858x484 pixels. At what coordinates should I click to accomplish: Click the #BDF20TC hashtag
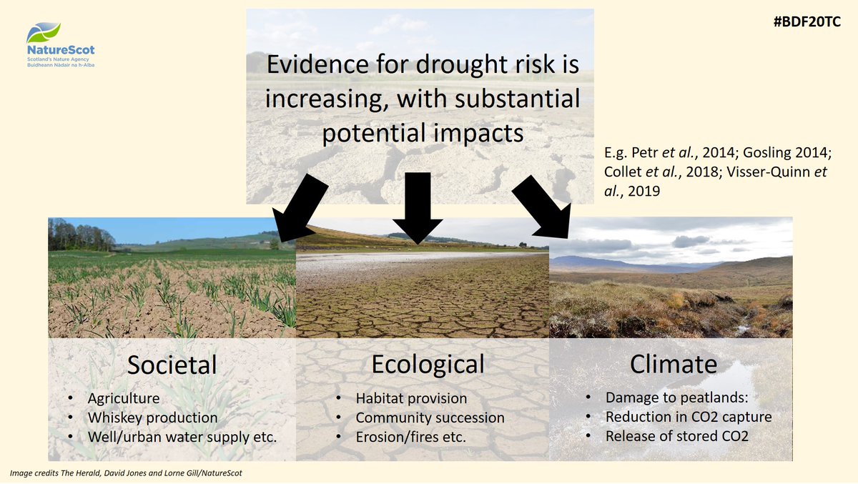pos(807,21)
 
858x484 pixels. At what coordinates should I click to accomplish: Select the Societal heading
pos(172,365)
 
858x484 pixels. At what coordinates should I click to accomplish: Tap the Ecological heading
pos(428,363)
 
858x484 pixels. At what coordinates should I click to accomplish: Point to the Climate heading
pos(673,364)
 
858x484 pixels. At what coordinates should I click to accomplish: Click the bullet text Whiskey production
pos(152,418)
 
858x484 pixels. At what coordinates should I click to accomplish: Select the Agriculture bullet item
pos(124,399)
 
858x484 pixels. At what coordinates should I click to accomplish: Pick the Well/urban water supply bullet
pos(182,436)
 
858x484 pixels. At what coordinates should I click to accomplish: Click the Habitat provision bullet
pos(411,399)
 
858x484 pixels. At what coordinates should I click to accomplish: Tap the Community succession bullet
pos(430,418)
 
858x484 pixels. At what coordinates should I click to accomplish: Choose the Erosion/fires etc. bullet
pos(410,436)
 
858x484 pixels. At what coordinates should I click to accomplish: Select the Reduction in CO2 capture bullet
pos(689,417)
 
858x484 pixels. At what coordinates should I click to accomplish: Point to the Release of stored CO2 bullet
pos(677,435)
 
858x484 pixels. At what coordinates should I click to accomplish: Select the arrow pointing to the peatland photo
pos(542,207)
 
